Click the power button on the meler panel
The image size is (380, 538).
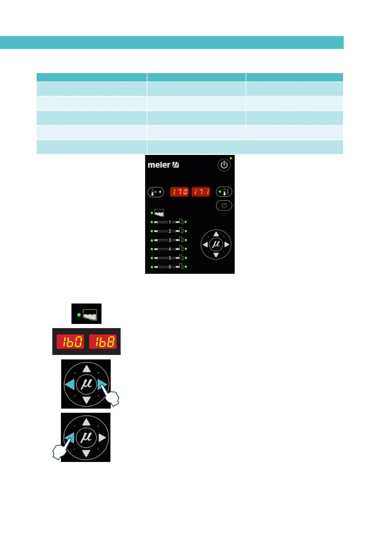[x=224, y=165]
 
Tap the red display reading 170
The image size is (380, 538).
[x=179, y=192]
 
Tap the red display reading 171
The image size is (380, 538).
[x=200, y=192]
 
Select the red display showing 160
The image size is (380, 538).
[x=70, y=342]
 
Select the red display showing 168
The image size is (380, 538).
[x=103, y=342]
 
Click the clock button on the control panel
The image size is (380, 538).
[x=224, y=206]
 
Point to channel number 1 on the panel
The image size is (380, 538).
[x=170, y=222]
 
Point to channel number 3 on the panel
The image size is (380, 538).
[x=170, y=240]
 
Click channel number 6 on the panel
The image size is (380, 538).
[x=170, y=267]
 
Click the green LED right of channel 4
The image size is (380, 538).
[x=186, y=249]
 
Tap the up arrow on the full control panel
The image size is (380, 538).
[x=216, y=234]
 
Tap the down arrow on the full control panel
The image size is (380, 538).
[x=216, y=255]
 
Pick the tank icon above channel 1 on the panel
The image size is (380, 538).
[x=159, y=213]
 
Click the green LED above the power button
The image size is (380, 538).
[x=231, y=158]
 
